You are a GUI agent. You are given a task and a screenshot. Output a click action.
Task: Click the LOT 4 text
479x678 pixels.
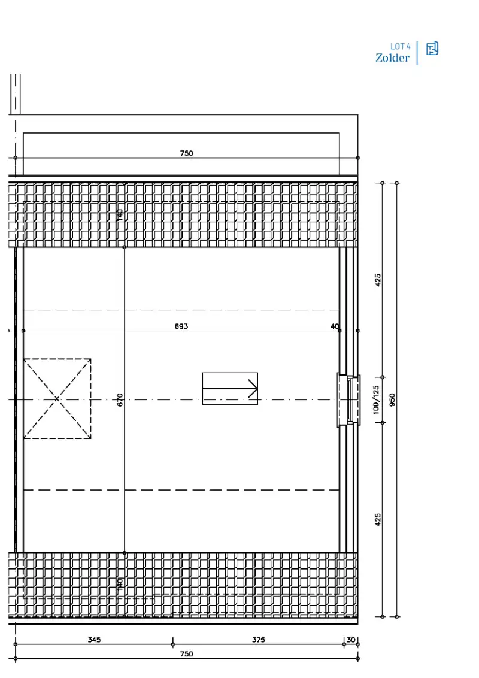point(401,46)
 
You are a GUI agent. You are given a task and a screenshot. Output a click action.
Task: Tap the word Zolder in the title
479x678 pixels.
point(392,58)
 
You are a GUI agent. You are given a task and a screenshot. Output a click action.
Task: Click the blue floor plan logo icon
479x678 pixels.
point(432,49)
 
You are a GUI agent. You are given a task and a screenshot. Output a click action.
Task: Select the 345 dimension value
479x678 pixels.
point(94,640)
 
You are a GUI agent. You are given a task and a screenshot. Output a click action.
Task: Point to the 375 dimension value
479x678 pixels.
point(259,640)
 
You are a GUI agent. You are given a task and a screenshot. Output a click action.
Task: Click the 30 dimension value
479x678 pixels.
point(351,640)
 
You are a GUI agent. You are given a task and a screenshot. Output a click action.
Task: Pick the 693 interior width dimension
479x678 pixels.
point(181,326)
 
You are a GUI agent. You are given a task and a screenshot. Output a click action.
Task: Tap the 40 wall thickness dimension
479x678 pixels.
point(335,326)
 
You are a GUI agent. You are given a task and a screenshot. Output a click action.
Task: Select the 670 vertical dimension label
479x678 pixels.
point(120,400)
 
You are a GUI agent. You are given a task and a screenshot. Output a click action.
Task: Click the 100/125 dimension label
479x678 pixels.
point(376,399)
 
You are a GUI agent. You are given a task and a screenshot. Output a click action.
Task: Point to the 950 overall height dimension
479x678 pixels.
point(392,399)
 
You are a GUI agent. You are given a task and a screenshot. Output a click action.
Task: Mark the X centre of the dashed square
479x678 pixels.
point(57,398)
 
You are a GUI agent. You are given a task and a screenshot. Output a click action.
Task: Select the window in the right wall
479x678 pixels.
point(348,399)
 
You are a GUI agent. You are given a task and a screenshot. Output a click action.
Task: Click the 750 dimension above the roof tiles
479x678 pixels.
point(187,153)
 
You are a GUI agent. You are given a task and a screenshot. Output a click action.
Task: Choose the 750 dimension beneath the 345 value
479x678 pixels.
point(187,654)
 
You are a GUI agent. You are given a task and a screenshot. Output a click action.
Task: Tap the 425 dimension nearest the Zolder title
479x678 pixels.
point(378,280)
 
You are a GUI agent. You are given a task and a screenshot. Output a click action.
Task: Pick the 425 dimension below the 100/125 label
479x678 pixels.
point(378,519)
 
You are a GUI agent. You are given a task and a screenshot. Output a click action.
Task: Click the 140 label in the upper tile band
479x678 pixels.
point(120,214)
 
